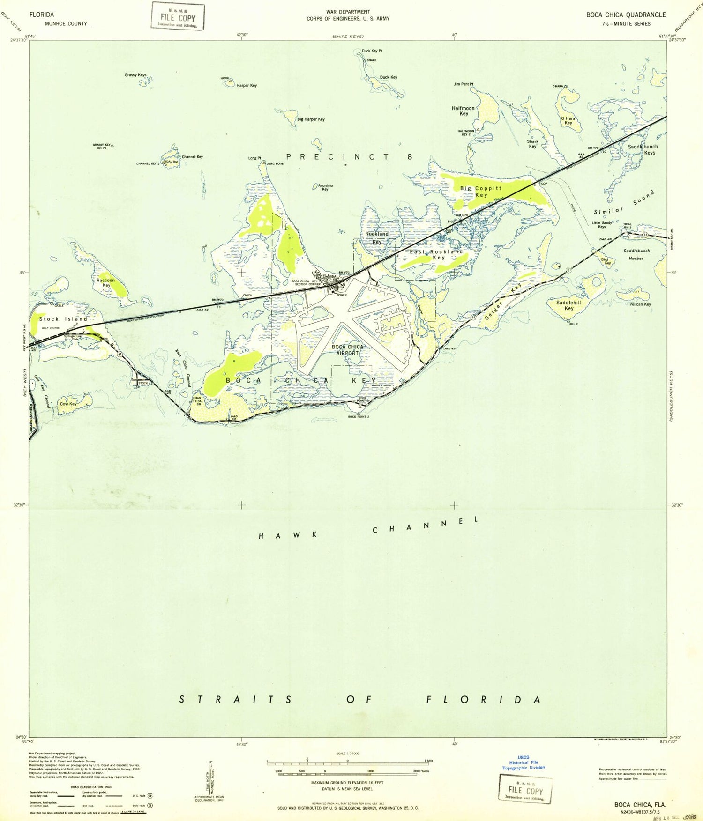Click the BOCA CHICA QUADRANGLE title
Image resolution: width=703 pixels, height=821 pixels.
click(626, 15)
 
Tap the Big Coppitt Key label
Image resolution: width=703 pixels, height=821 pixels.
click(481, 192)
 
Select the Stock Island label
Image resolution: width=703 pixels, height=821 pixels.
click(63, 319)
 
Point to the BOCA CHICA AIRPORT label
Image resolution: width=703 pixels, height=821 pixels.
click(347, 350)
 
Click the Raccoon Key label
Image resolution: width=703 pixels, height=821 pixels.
click(106, 282)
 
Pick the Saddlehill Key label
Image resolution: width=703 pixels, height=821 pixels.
click(568, 305)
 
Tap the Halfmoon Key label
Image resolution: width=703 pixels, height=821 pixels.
click(463, 111)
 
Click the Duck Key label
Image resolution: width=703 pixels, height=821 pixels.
click(389, 77)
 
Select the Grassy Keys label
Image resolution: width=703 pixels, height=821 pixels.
click(135, 75)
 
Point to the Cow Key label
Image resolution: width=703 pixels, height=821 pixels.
click(68, 404)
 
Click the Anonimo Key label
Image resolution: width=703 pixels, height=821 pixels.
click(325, 187)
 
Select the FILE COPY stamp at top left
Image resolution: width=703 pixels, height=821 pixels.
click(178, 16)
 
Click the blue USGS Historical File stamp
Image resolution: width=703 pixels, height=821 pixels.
click(524, 762)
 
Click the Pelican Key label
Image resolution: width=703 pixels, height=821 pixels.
click(640, 304)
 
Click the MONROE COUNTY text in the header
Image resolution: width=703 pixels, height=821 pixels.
click(66, 23)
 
